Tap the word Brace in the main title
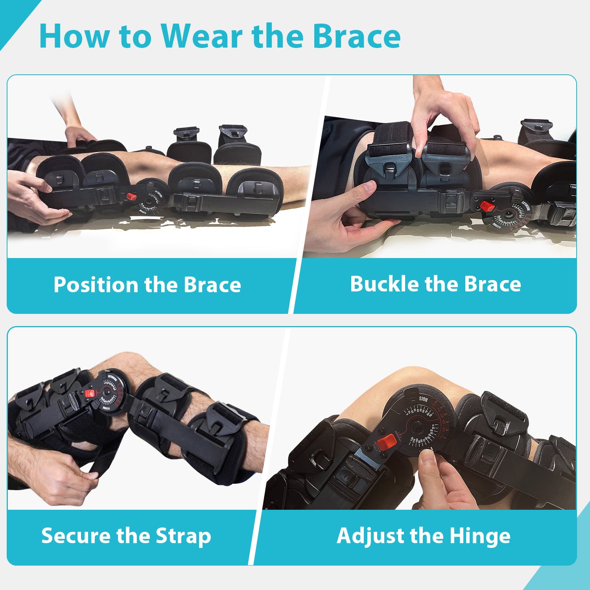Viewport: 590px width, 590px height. click(x=356, y=36)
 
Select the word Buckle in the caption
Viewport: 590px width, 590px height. click(x=384, y=284)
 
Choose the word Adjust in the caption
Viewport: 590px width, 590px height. click(x=370, y=536)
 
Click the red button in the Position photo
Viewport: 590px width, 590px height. click(x=131, y=196)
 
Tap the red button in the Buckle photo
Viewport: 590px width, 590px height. click(x=487, y=206)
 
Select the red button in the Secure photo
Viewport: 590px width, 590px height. click(x=90, y=393)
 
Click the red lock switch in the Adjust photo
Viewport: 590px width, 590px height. click(x=387, y=442)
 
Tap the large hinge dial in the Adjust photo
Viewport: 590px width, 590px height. click(x=421, y=425)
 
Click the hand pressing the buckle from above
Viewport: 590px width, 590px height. click(x=441, y=114)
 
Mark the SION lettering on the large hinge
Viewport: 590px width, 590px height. click(x=423, y=399)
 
